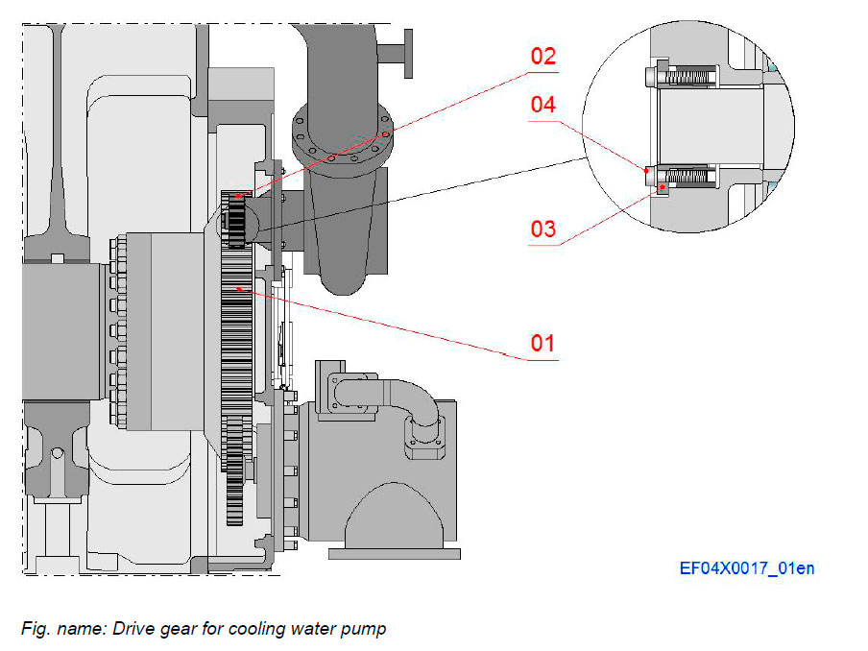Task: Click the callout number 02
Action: (543, 57)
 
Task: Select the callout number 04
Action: (543, 105)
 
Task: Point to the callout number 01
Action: (543, 343)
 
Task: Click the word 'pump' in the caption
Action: (365, 630)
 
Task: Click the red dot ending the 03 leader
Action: (661, 187)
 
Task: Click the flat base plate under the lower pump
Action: (394, 553)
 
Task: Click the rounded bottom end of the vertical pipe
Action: (341, 280)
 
